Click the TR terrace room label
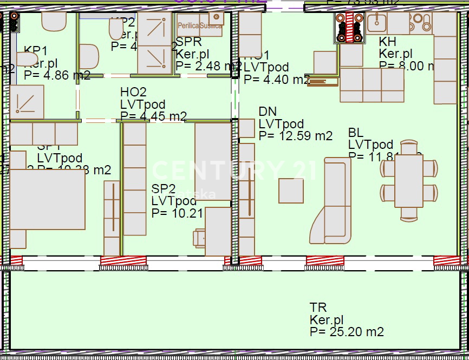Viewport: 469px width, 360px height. tap(318, 308)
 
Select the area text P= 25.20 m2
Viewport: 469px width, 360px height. tap(347, 332)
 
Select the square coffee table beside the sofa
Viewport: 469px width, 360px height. tap(291, 191)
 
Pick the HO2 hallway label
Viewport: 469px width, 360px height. tap(133, 93)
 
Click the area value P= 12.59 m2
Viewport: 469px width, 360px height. tap(295, 136)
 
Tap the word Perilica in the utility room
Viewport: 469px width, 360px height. tap(188, 25)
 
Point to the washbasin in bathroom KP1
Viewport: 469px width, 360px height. tap(27, 58)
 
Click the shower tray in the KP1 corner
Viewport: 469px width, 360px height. tap(27, 101)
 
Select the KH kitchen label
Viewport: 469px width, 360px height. tap(387, 42)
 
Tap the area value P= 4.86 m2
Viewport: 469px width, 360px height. tap(57, 75)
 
